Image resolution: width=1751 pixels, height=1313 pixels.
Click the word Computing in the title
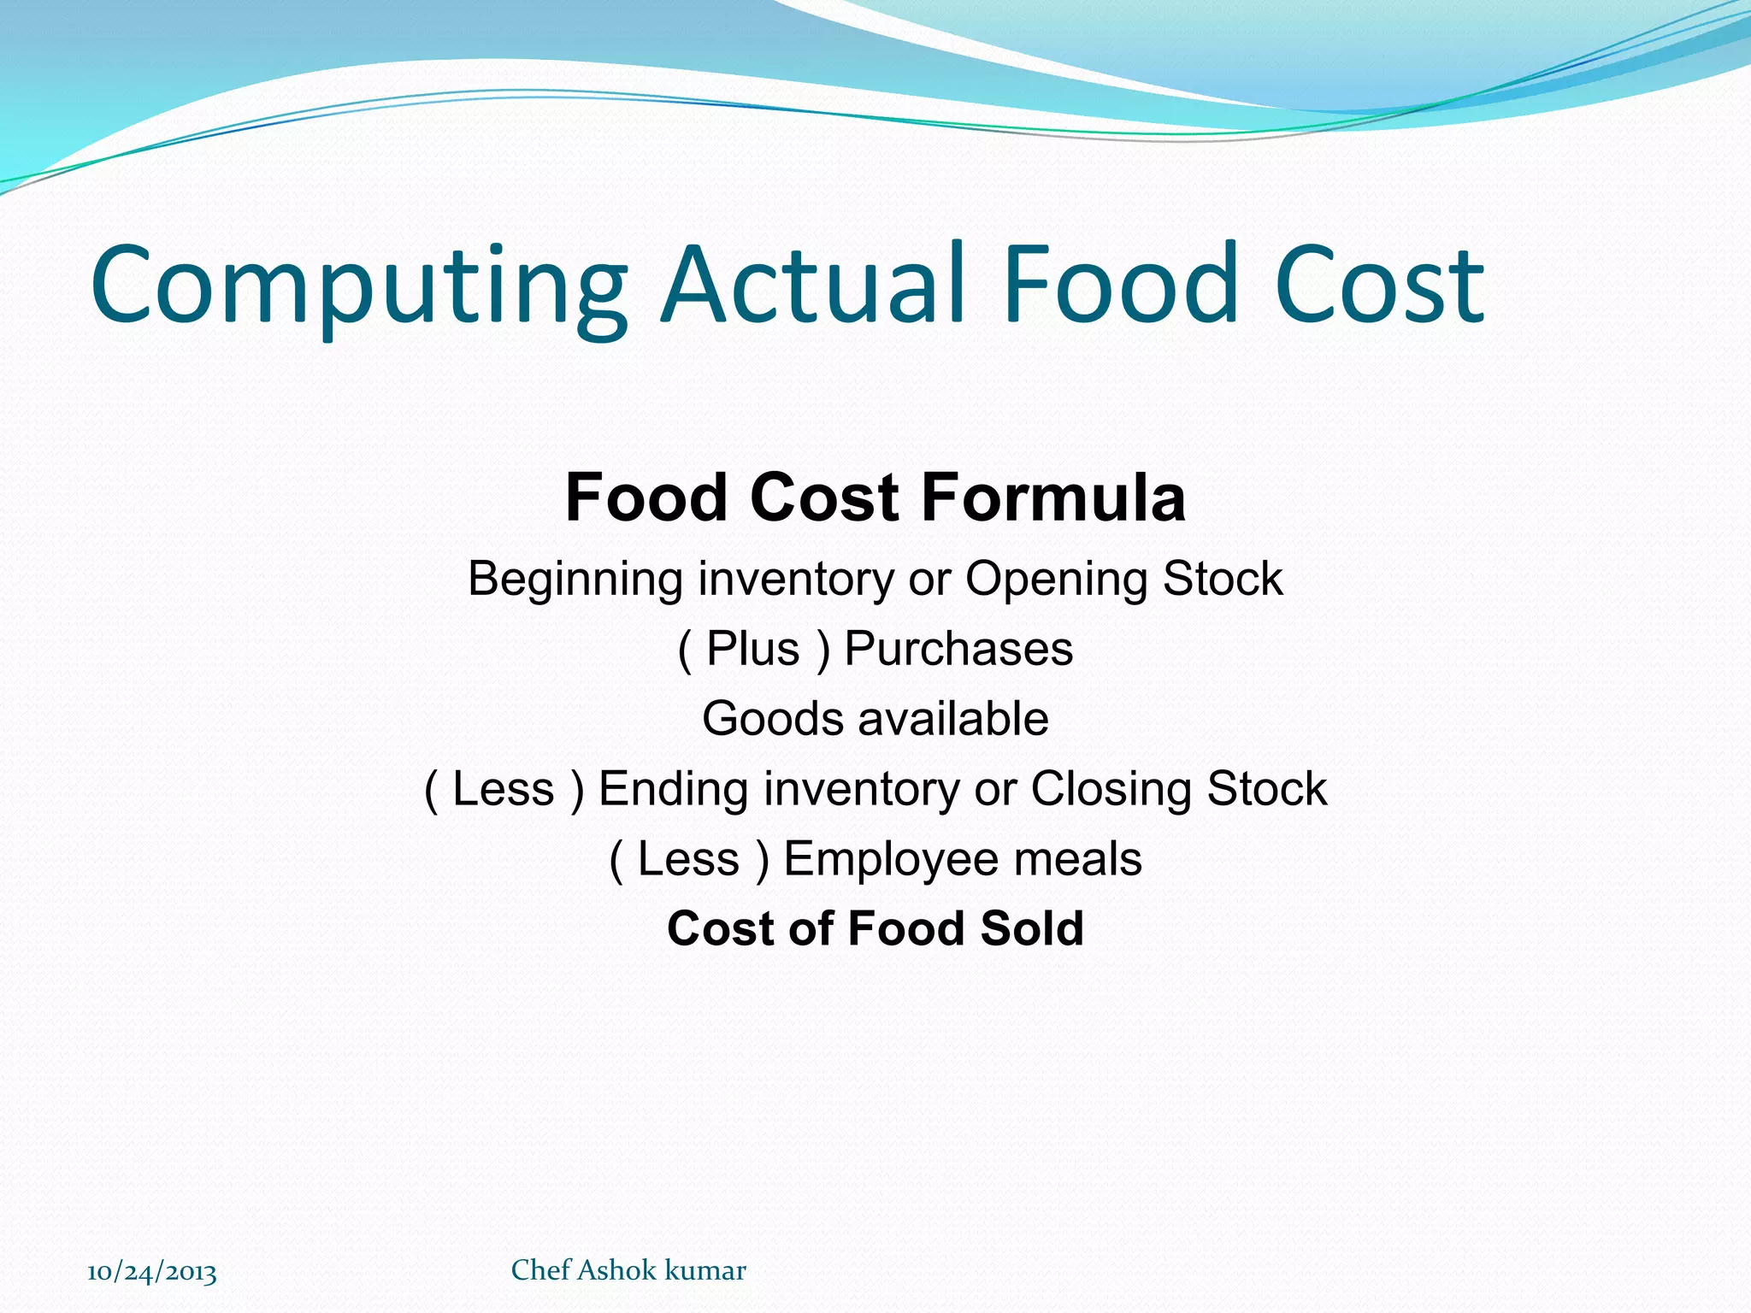[359, 286]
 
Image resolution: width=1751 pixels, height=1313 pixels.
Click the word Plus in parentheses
[752, 649]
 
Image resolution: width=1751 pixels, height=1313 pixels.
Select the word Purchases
[958, 649]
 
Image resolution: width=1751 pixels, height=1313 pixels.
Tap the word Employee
[890, 859]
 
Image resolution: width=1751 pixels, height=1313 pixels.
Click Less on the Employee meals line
[688, 859]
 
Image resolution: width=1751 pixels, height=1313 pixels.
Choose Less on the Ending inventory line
[503, 789]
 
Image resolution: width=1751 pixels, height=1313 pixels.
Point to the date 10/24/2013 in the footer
[152, 1272]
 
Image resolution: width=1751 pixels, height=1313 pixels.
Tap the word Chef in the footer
[540, 1270]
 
